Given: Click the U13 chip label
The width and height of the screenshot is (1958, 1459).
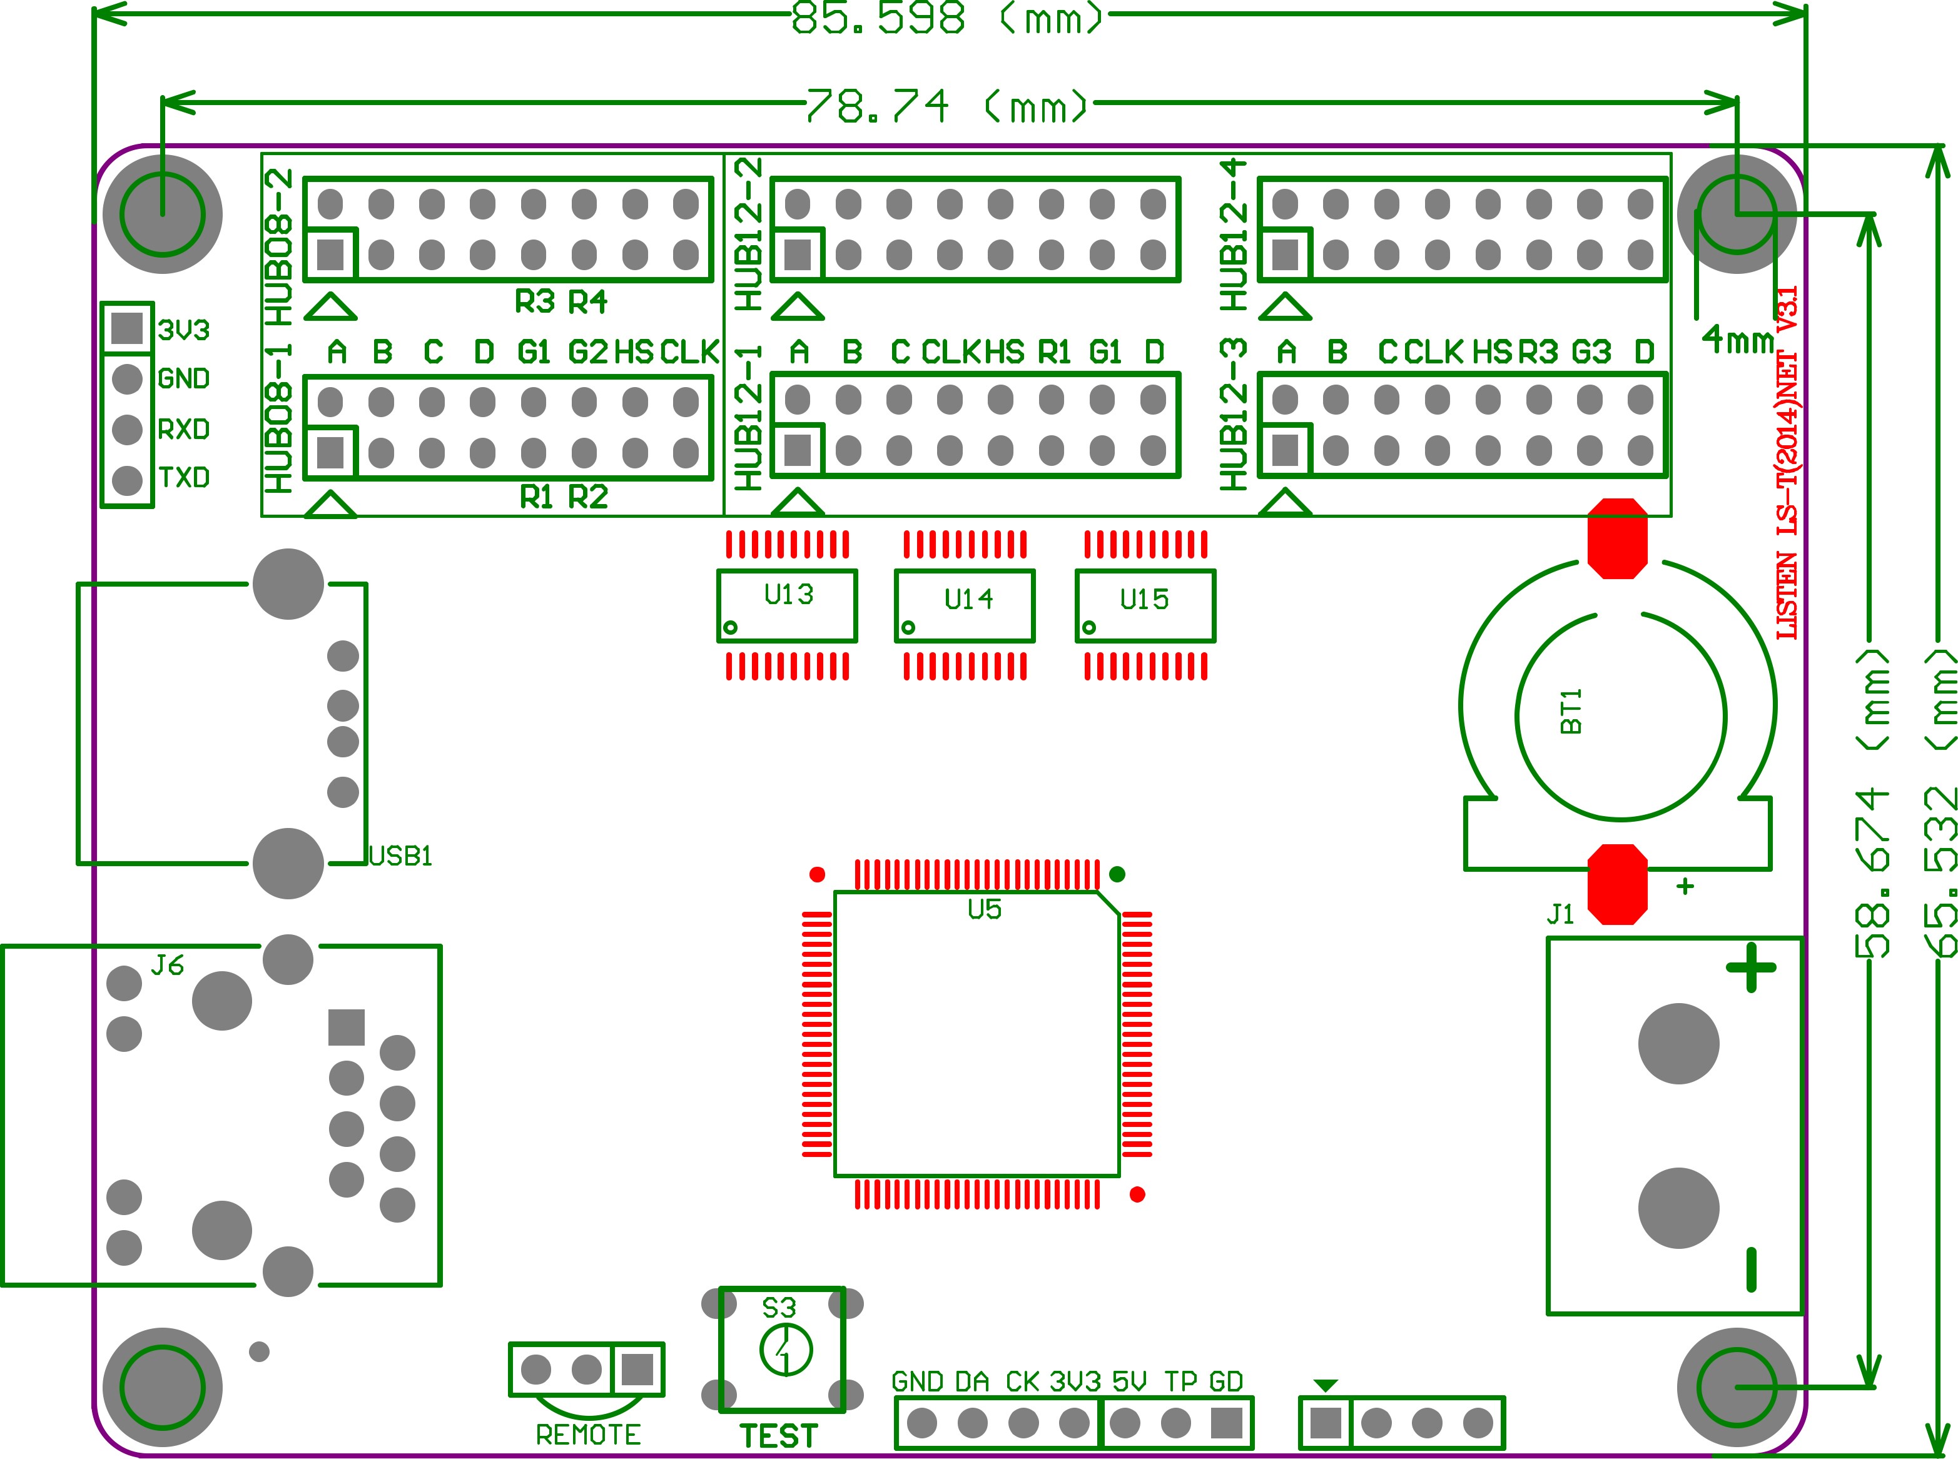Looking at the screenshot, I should coord(789,594).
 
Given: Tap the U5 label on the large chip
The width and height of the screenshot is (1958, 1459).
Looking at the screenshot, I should coord(984,910).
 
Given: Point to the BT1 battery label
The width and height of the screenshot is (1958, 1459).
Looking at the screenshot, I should coord(1571,712).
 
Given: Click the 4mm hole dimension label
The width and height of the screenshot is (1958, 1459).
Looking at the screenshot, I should coord(1737,338).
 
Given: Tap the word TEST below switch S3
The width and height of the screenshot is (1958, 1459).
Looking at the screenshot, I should coord(779,1436).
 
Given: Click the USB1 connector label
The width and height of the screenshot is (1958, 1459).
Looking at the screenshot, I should coord(400,857).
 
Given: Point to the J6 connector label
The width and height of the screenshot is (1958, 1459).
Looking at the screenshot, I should coord(167,966).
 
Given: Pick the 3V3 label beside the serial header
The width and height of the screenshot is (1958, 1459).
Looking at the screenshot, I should coord(184,330).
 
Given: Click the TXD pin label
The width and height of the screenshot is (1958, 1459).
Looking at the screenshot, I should coord(184,478).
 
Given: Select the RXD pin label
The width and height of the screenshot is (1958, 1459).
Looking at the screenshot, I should coord(184,429).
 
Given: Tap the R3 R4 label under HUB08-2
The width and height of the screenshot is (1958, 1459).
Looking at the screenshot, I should coord(561,302).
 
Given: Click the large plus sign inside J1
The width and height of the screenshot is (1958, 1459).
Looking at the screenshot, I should coord(1750,969).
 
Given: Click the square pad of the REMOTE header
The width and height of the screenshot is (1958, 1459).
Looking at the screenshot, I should coord(637,1370).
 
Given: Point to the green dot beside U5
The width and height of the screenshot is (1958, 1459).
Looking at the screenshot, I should coord(1117,874).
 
